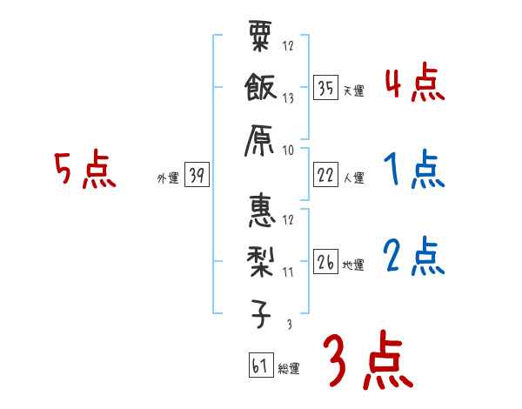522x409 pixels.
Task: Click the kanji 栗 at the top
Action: pyautogui.click(x=260, y=39)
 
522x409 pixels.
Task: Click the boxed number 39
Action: pyautogui.click(x=196, y=175)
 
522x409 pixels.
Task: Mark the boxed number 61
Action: pyautogui.click(x=260, y=365)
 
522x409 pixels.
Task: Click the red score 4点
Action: pyautogui.click(x=414, y=84)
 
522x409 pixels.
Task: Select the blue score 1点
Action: pyautogui.click(x=414, y=171)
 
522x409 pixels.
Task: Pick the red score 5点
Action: pyautogui.click(x=84, y=171)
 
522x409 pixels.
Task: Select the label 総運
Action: pyautogui.click(x=289, y=369)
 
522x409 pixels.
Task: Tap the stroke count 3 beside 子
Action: pyautogui.click(x=288, y=324)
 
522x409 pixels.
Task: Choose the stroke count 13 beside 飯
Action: pyautogui.click(x=288, y=98)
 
